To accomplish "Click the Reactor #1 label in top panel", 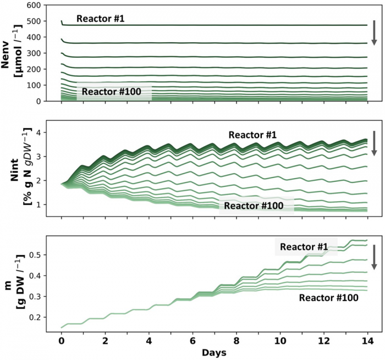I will tap(101, 19).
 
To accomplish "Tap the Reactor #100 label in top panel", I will tap(113, 92).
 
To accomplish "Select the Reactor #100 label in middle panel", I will tap(256, 207).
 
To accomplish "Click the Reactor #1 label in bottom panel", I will tap(305, 247).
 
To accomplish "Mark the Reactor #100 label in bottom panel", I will tap(329, 297).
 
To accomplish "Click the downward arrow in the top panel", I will tap(374, 32).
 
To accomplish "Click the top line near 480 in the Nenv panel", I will tap(220, 25).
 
